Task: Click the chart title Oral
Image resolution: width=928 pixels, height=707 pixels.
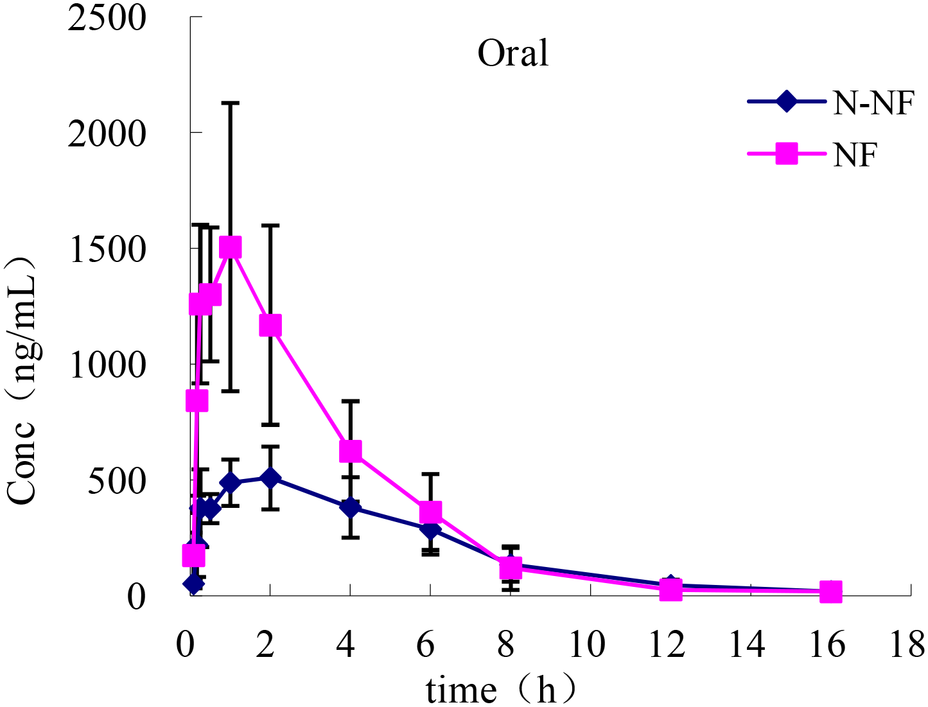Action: [513, 53]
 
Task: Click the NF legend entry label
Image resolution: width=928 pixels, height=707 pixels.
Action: [855, 155]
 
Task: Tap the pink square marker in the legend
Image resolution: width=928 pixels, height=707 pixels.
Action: [786, 154]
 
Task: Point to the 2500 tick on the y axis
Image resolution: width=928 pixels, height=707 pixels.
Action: [107, 17]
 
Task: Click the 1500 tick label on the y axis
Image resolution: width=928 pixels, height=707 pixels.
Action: [107, 249]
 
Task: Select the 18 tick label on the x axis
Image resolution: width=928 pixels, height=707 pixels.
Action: [907, 644]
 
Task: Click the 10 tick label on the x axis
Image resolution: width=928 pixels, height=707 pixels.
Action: [588, 644]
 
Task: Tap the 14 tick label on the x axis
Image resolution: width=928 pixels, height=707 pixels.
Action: [747, 644]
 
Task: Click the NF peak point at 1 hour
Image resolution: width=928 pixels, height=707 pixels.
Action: [230, 247]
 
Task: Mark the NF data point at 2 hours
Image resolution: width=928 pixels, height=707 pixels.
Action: [270, 326]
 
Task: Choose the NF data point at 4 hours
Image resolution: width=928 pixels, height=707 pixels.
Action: [350, 451]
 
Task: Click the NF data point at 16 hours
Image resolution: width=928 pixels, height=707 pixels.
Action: [830, 592]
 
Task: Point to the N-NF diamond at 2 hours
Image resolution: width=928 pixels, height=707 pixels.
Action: [270, 478]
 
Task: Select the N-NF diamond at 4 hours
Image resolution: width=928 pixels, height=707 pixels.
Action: [350, 507]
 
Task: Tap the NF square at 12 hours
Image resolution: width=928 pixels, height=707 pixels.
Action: [670, 589]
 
